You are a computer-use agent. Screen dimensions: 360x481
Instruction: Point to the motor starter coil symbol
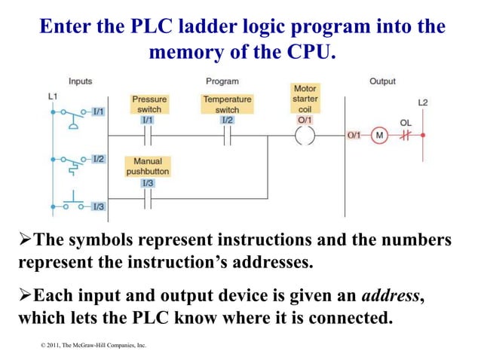click(305, 136)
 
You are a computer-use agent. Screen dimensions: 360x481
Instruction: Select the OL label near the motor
click(406, 122)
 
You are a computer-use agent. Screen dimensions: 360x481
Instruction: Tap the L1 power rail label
click(53, 96)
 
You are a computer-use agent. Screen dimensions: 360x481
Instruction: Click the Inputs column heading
click(81, 81)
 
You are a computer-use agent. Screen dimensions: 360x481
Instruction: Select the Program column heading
click(222, 81)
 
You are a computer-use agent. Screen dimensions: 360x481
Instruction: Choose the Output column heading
click(382, 81)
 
